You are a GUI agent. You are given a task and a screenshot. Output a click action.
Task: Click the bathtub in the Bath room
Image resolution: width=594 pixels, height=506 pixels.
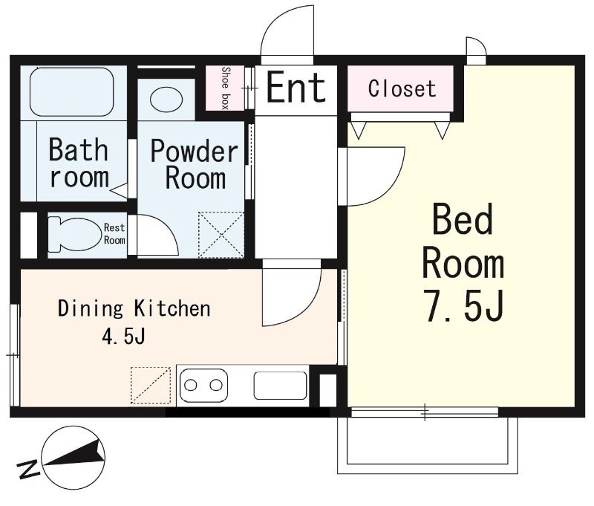(x=71, y=91)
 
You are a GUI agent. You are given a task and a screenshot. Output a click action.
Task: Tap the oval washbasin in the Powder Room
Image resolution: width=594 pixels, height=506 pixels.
(x=166, y=100)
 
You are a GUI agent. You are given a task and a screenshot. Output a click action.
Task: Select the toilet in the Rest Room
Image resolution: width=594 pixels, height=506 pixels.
(x=74, y=234)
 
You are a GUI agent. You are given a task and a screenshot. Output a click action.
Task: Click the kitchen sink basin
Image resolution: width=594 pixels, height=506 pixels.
(x=281, y=385)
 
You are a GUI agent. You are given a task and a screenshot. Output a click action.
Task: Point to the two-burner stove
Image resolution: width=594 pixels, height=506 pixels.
(x=203, y=385)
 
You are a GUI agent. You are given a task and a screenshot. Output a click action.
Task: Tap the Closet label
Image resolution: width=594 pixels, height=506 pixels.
(x=402, y=88)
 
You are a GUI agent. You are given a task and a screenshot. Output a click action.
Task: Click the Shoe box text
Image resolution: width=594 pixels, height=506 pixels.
(x=226, y=88)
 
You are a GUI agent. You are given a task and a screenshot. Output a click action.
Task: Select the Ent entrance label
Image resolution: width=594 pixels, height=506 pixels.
(x=296, y=88)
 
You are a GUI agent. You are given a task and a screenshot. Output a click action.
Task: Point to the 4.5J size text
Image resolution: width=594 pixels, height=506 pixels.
(x=123, y=336)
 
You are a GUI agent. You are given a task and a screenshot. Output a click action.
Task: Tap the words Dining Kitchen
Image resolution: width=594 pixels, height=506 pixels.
(x=134, y=308)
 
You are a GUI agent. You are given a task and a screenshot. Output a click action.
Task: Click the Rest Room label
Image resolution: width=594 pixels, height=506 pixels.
(x=114, y=234)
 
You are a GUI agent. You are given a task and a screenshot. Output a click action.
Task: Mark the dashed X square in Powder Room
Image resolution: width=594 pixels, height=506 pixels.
(x=221, y=235)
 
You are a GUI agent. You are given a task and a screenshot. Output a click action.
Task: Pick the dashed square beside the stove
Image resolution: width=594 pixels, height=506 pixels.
(x=151, y=386)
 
